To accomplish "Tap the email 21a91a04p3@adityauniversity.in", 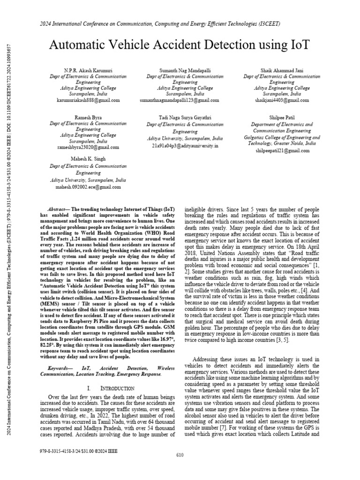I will tap(185, 146).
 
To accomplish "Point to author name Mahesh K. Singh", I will tap(88, 159).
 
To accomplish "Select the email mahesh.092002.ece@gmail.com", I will tap(88, 187).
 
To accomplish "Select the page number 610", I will tap(180, 468).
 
